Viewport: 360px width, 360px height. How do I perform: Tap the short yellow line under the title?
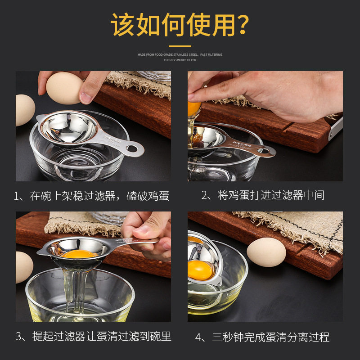tap(180, 45)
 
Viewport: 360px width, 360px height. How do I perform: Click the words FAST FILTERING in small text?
tap(211, 55)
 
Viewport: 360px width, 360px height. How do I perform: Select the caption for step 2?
tap(263, 195)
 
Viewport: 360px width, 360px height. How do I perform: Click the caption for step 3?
tap(93, 336)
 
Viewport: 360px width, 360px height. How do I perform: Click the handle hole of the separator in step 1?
tap(132, 148)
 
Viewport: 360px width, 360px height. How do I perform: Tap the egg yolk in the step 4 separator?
tap(200, 270)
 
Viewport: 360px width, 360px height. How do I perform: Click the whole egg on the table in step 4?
tap(266, 252)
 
